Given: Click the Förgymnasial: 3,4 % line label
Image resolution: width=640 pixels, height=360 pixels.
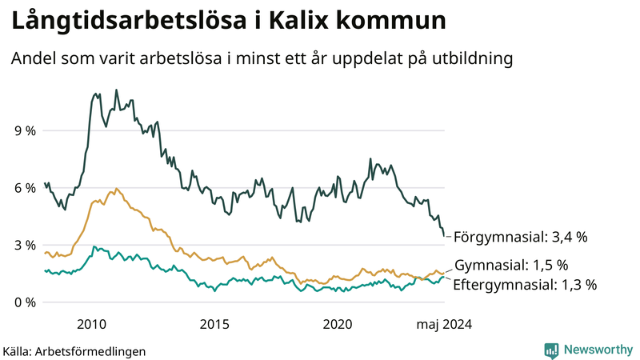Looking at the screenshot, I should pyautogui.click(x=521, y=237).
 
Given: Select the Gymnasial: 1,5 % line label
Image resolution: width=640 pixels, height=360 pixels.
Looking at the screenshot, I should pyautogui.click(x=511, y=265).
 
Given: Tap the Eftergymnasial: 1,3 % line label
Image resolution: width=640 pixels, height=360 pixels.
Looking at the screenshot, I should pyautogui.click(x=525, y=284).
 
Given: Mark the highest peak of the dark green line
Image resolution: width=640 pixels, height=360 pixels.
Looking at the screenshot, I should pyautogui.click(x=116, y=90).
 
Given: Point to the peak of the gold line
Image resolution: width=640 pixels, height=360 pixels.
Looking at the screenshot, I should pyautogui.click(x=116, y=189).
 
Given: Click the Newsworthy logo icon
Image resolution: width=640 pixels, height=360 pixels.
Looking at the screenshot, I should pyautogui.click(x=551, y=350).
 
